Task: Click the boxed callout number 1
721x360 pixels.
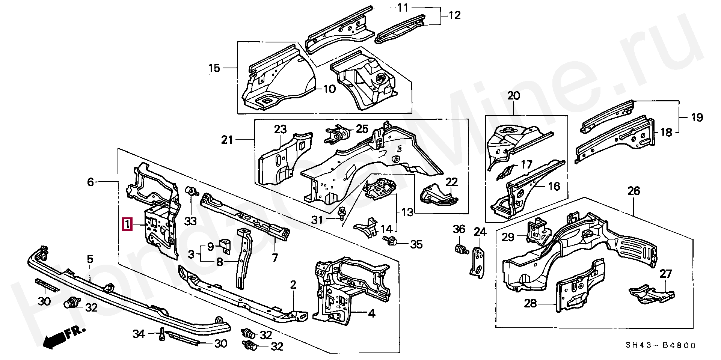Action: click(128, 224)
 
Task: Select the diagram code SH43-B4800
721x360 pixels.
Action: click(661, 345)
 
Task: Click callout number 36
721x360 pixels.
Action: click(459, 229)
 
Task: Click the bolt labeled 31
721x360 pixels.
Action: click(342, 214)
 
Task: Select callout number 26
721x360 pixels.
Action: click(634, 191)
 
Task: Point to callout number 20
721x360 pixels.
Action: click(513, 96)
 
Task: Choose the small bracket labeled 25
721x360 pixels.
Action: click(337, 135)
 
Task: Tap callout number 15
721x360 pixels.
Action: click(214, 68)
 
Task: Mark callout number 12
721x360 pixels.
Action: click(454, 15)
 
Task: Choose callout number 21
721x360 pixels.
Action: click(227, 140)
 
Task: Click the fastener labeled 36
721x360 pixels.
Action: click(460, 249)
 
